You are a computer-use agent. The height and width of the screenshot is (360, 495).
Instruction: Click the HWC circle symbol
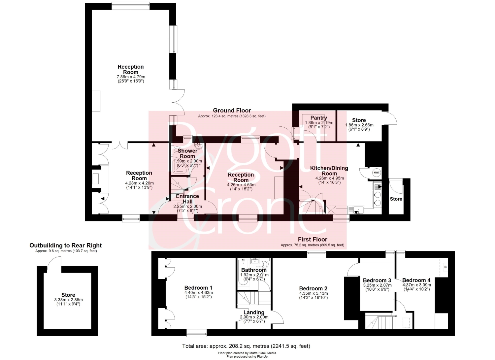[377, 173]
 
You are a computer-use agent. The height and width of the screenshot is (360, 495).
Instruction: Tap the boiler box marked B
[445, 267]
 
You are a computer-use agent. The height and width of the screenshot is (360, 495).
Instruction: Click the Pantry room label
[319, 118]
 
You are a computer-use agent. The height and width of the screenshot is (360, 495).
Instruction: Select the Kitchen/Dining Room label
[329, 171]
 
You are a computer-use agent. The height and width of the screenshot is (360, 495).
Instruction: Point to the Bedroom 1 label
[198, 288]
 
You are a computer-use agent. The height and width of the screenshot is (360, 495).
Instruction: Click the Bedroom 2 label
[313, 288]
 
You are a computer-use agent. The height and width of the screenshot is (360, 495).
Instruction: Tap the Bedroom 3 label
[377, 280]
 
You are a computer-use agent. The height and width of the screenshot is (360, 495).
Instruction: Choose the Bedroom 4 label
[416, 280]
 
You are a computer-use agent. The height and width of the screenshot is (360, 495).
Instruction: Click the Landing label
[254, 312]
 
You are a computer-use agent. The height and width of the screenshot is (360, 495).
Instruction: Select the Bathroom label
[254, 270]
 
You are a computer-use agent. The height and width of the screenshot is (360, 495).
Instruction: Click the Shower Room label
[187, 153]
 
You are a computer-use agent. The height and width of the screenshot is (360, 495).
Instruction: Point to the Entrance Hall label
[187, 199]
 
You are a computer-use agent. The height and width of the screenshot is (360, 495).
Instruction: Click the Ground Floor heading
[232, 111]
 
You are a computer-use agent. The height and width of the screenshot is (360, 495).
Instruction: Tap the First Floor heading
[313, 239]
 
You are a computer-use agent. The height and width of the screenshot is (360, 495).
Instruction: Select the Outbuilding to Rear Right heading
[65, 245]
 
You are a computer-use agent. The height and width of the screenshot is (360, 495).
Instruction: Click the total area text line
[246, 346]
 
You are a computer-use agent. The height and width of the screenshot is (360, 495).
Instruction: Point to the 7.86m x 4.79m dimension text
[131, 77]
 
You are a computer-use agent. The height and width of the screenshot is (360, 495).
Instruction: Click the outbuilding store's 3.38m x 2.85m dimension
[69, 300]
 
